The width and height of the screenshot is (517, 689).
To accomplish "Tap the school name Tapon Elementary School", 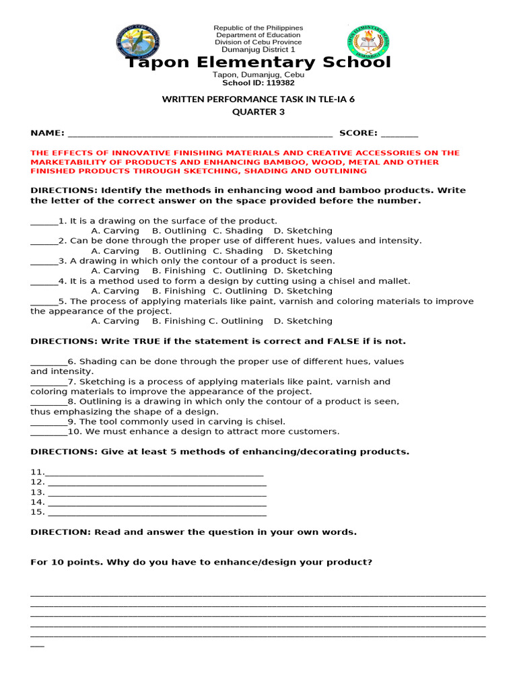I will point(258,63).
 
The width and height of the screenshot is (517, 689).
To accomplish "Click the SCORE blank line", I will point(399,133).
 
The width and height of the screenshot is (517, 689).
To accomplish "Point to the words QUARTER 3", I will point(258,112).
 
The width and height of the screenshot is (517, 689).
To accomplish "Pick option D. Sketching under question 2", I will point(303,251).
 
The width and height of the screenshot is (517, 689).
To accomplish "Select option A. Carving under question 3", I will point(114,271).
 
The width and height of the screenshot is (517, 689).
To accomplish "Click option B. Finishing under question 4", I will point(178,291).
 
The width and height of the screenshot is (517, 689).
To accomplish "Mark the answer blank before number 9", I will point(48,423).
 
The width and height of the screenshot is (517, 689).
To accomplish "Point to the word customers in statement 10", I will point(314,432).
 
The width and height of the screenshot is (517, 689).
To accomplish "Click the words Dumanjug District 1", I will point(258,50).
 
